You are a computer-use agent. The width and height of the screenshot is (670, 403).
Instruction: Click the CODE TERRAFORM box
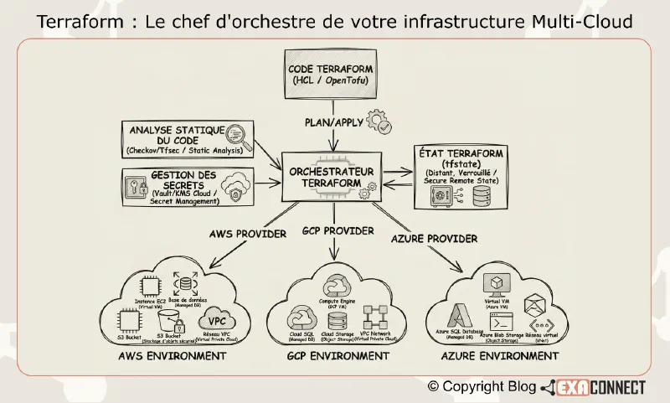[329, 78]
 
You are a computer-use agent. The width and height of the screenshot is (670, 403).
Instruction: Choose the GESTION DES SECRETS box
[186, 187]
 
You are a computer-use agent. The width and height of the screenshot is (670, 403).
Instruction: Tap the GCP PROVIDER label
[337, 230]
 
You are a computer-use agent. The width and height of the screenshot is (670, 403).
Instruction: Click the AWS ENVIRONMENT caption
[168, 355]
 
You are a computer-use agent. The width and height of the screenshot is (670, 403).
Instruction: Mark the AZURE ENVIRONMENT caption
[501, 356]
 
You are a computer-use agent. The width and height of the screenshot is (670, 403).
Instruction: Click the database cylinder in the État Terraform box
[479, 195]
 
